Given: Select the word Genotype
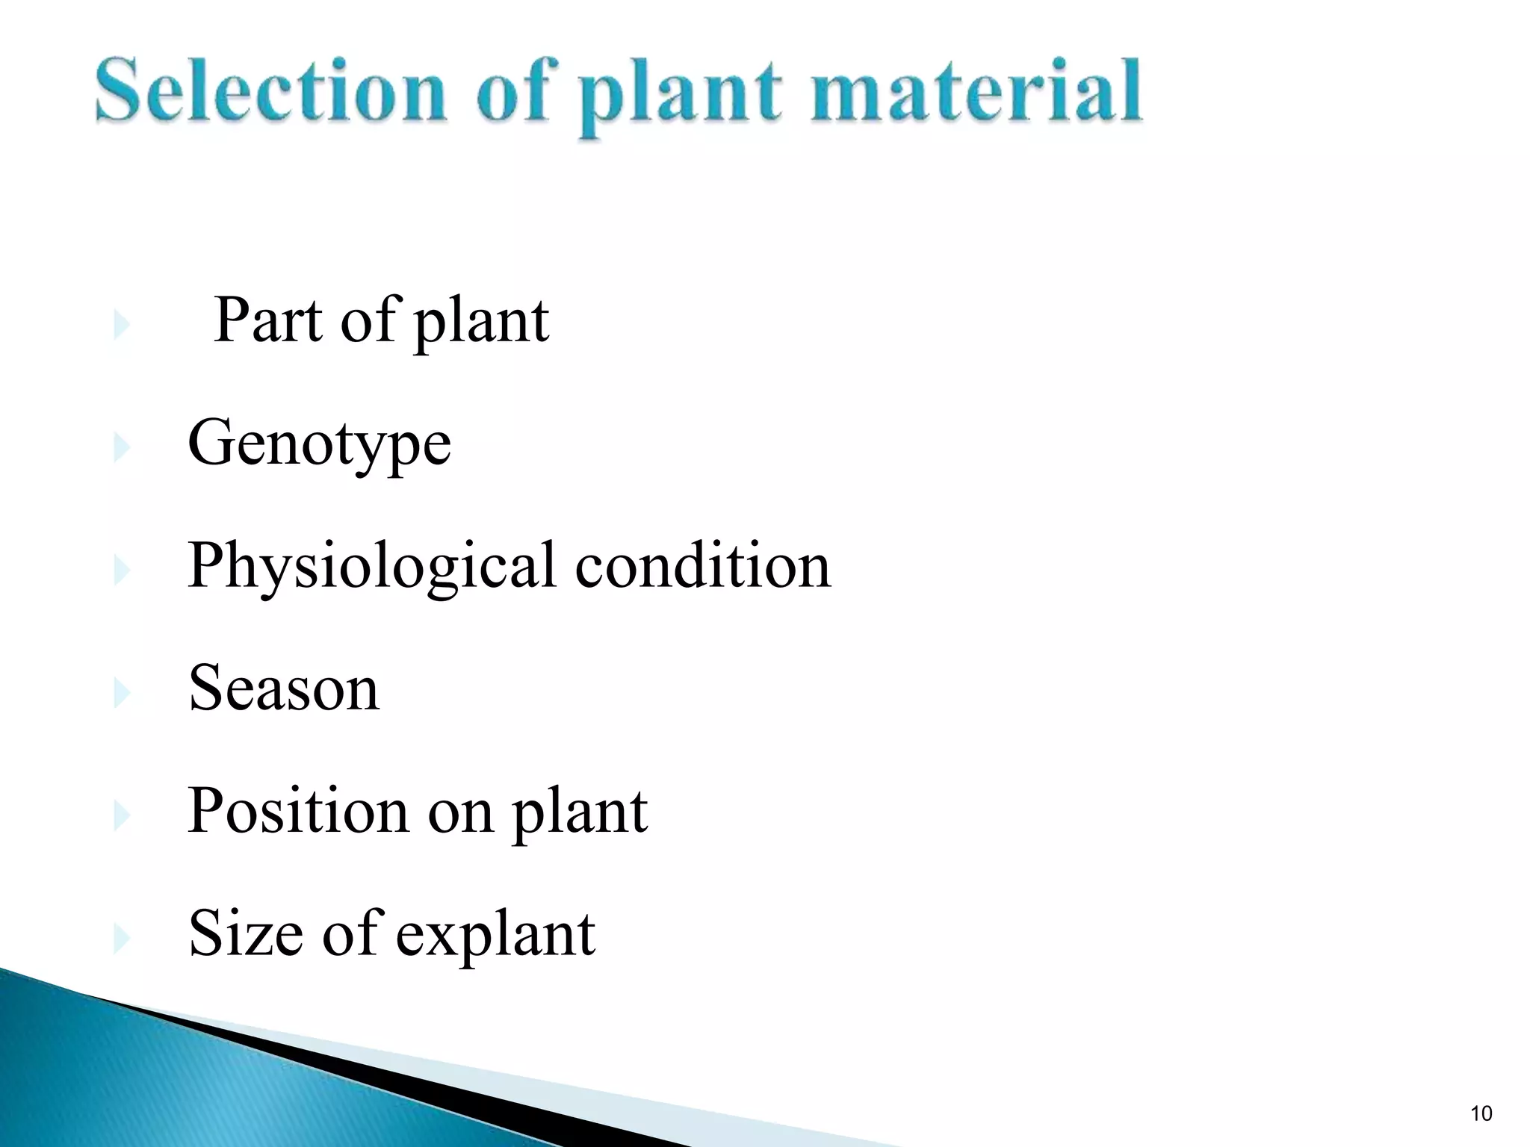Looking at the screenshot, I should (319, 444).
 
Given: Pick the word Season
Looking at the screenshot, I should (284, 688).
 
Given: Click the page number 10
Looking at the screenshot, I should (1481, 1114).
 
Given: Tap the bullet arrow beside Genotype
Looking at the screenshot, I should (121, 448).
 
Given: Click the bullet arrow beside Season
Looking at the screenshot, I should (121, 693).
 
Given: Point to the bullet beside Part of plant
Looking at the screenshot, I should (121, 325).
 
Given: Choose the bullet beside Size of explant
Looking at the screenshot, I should (121, 939).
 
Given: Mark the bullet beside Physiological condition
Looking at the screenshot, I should (121, 571).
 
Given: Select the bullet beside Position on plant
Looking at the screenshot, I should (121, 815).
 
